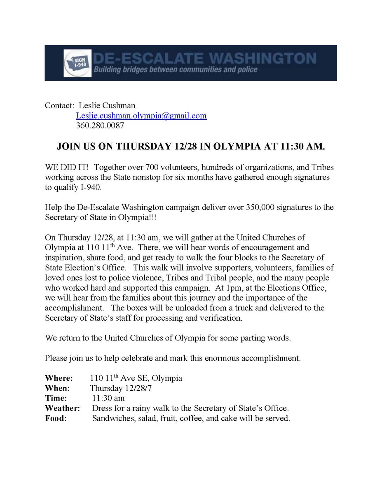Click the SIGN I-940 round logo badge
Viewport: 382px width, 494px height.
click(x=77, y=63)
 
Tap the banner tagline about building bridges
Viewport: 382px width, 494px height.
click(x=176, y=70)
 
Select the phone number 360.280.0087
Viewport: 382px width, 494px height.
click(x=100, y=126)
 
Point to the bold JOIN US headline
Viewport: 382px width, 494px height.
click(x=191, y=147)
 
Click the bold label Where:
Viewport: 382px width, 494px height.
click(x=59, y=378)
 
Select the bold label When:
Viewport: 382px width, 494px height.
click(x=57, y=388)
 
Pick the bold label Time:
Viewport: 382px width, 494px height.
click(x=56, y=398)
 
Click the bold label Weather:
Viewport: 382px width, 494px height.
click(x=62, y=408)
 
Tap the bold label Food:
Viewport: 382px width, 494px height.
click(x=55, y=419)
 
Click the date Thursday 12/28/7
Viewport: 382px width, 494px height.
click(x=117, y=388)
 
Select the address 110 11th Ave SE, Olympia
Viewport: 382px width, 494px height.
click(x=136, y=378)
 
